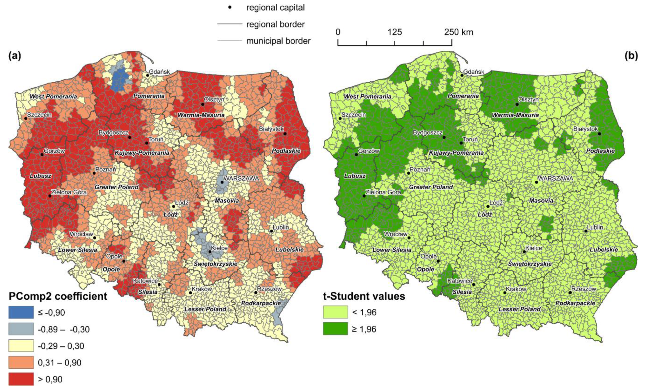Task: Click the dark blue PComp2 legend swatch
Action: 21,312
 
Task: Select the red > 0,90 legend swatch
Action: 21,379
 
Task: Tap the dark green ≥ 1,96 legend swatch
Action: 335,329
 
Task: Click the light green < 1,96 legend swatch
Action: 335,312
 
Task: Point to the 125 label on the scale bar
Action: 395,32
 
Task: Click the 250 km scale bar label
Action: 458,32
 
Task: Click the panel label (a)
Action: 14,56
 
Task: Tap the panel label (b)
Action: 631,56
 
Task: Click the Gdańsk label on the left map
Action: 159,72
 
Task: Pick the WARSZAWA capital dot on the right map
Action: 536,182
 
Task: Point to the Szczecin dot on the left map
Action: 26,118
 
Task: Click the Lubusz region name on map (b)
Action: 355,176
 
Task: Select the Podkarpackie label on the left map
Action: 261,303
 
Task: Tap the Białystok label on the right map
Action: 585,129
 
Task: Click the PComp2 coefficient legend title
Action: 58,296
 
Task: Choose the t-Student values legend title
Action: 364,296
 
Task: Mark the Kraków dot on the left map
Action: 190,293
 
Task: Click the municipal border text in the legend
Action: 278,41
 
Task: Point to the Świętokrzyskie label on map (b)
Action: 530,264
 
